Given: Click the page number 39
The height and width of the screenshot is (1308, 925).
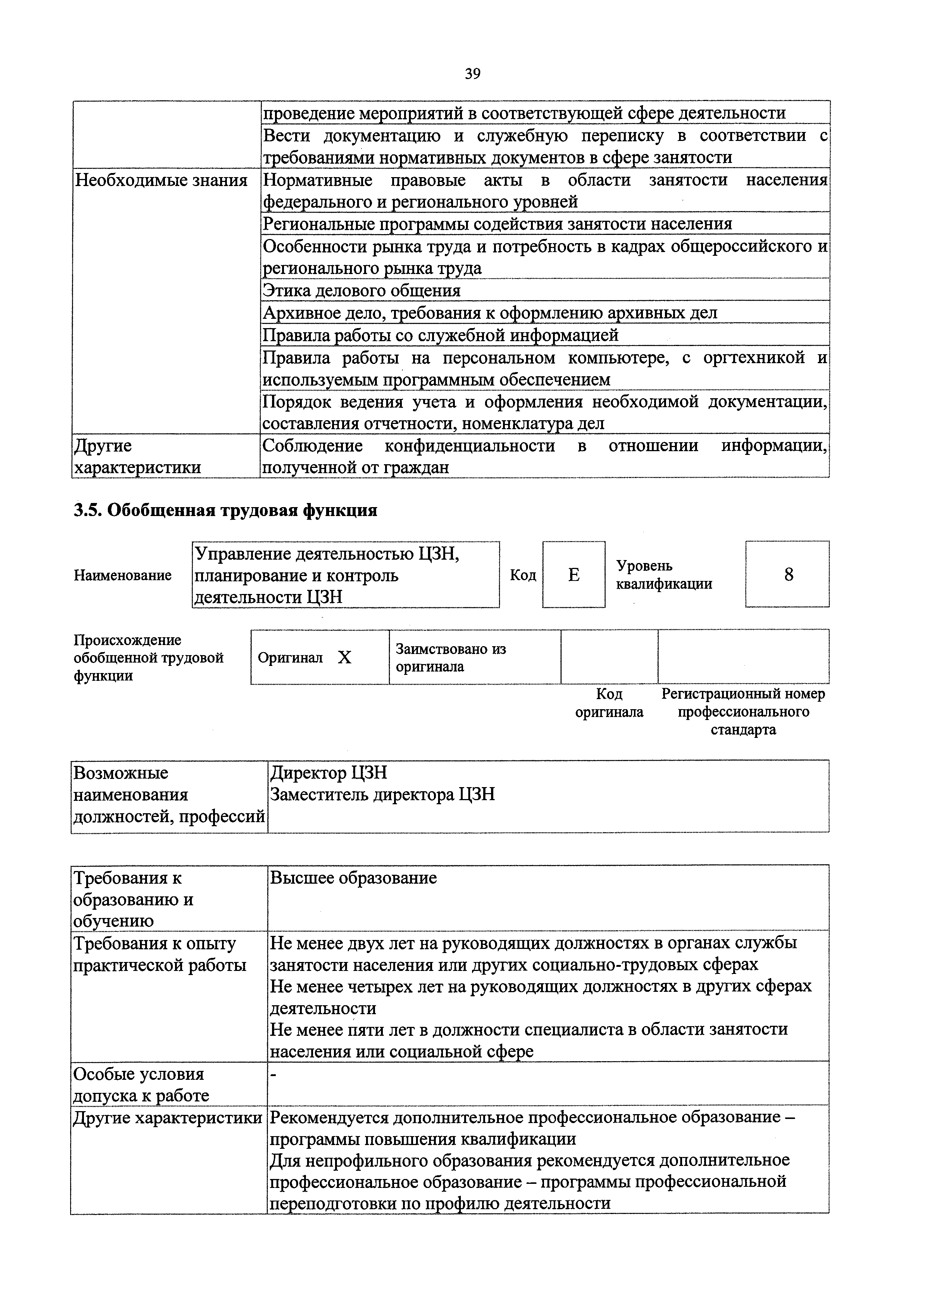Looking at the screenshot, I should tap(472, 74).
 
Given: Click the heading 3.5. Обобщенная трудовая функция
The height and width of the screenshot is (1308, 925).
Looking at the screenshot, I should tap(226, 510).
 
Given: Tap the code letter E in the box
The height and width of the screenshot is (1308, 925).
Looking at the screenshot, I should tap(574, 575).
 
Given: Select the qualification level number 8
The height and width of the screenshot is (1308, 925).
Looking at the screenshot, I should tap(788, 575).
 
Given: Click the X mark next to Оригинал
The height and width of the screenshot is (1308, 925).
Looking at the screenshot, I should tap(344, 658).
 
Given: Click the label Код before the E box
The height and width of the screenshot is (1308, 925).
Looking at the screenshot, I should tap(523, 575).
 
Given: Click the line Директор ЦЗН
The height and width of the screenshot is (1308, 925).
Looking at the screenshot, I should tap(328, 773).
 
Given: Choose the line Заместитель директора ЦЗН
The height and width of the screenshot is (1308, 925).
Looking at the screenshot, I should tap(382, 794).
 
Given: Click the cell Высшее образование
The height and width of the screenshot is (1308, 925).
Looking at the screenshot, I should tap(353, 878).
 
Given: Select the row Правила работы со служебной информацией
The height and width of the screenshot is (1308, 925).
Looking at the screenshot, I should tap(440, 335).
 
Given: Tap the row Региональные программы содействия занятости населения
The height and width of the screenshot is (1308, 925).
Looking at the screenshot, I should tap(497, 224).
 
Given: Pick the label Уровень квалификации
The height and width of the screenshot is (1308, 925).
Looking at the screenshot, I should tap(663, 575).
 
